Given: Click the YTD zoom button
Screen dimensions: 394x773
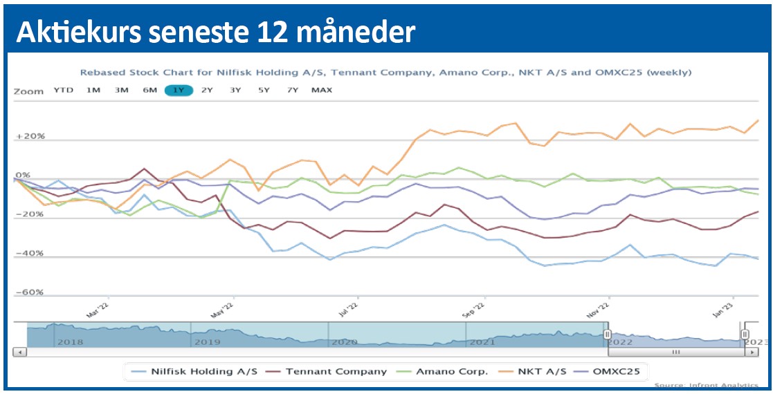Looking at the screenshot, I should coord(63,91).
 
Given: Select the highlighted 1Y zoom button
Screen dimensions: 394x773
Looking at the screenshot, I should coord(179,91).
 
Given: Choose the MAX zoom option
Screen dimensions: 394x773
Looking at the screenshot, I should coord(322,91).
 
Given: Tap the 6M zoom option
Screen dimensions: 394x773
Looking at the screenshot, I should coord(149,91).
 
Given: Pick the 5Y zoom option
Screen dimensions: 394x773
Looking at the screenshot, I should coord(264,91).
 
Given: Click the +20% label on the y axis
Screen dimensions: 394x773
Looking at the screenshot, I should coord(30,137).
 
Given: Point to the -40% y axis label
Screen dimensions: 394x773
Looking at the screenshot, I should coord(30,254).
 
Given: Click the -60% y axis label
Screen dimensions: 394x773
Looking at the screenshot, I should coord(30,293).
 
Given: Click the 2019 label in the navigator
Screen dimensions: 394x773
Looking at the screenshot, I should coord(208,341).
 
